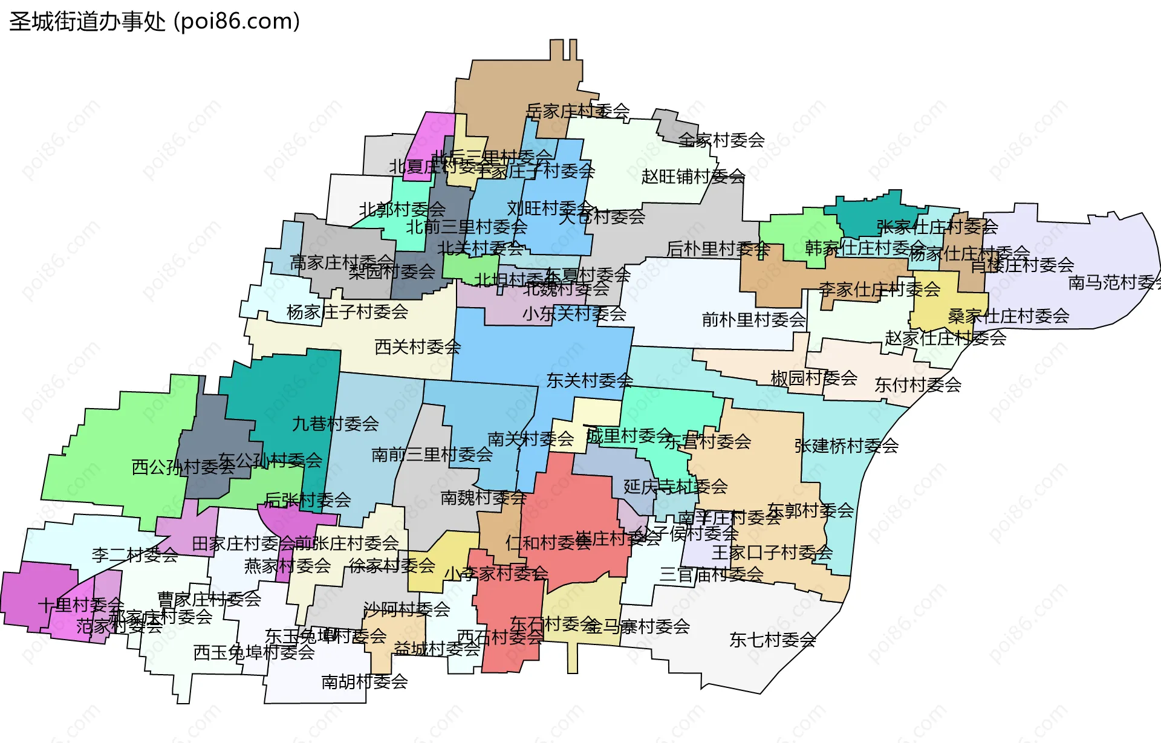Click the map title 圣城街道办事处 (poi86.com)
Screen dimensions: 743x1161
(x=155, y=22)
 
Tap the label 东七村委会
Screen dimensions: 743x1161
(x=772, y=640)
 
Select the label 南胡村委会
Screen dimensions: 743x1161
(x=365, y=682)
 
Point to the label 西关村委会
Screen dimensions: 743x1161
(x=417, y=347)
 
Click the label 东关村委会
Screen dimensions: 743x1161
(x=590, y=381)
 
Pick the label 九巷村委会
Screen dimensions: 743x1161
(x=335, y=424)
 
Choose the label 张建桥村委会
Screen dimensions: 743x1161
(x=846, y=446)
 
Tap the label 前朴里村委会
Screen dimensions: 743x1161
(x=753, y=320)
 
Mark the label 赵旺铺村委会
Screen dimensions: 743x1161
(x=693, y=177)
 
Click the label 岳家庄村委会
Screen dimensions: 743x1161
(x=577, y=111)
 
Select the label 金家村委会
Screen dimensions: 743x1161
(x=721, y=140)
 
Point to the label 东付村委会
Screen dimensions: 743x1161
(x=917, y=385)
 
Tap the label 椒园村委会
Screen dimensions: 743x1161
(x=814, y=378)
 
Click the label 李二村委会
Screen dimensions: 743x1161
(x=135, y=555)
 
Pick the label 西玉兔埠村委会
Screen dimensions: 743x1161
(x=254, y=652)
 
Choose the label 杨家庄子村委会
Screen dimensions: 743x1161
(x=347, y=313)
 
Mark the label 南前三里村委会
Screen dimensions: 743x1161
(x=432, y=455)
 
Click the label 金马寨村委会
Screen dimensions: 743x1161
(x=638, y=627)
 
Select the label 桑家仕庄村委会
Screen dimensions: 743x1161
(x=1008, y=316)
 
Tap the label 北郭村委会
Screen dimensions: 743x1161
(x=402, y=210)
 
